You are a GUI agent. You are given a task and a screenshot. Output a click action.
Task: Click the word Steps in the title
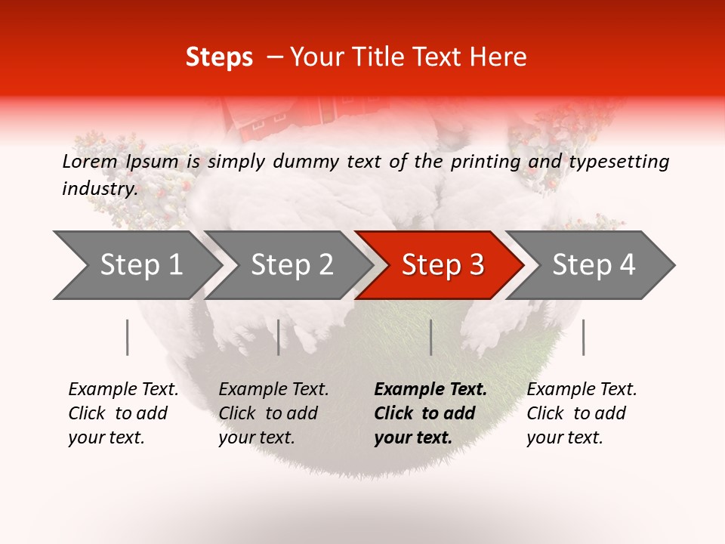(219, 57)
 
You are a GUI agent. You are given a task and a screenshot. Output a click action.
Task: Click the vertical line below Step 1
(128, 337)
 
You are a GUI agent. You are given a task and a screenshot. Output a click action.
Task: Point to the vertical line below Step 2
(279, 337)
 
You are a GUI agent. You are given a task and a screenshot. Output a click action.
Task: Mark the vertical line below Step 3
(430, 337)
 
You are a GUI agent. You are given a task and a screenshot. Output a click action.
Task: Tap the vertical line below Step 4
(583, 337)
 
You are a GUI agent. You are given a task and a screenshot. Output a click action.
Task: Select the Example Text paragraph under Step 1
(123, 413)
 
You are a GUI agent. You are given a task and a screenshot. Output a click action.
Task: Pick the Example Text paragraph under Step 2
(273, 413)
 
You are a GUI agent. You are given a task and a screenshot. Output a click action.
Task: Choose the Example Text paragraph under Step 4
(582, 413)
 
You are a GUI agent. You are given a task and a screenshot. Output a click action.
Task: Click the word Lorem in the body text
(90, 161)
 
